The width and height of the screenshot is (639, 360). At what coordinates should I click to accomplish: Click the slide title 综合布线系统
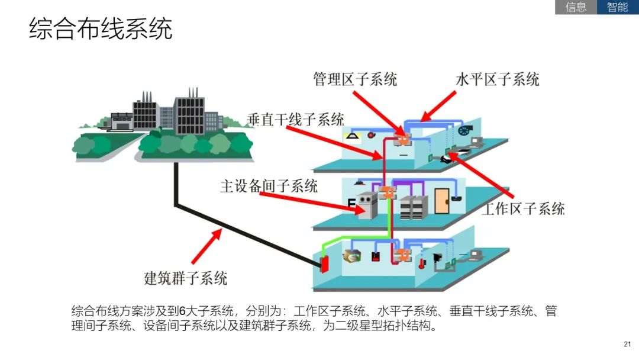click(x=101, y=28)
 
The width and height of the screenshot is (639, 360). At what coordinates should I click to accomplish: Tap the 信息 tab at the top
click(x=576, y=7)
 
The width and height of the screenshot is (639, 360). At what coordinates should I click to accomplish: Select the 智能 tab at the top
click(x=618, y=7)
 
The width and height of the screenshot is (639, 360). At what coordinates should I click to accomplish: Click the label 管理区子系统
click(x=355, y=79)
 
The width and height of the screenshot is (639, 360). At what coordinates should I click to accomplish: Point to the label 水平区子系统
click(x=498, y=79)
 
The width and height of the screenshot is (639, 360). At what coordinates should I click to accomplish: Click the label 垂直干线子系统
click(x=295, y=119)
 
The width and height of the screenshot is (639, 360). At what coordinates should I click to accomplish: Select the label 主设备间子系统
click(x=269, y=186)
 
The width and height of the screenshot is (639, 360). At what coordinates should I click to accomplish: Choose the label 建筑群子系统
click(x=186, y=277)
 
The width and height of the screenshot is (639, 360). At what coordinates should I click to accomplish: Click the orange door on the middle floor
click(x=441, y=200)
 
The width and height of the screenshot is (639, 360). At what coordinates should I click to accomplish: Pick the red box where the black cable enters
click(x=324, y=263)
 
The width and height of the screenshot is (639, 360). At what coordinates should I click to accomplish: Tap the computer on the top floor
click(x=477, y=142)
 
